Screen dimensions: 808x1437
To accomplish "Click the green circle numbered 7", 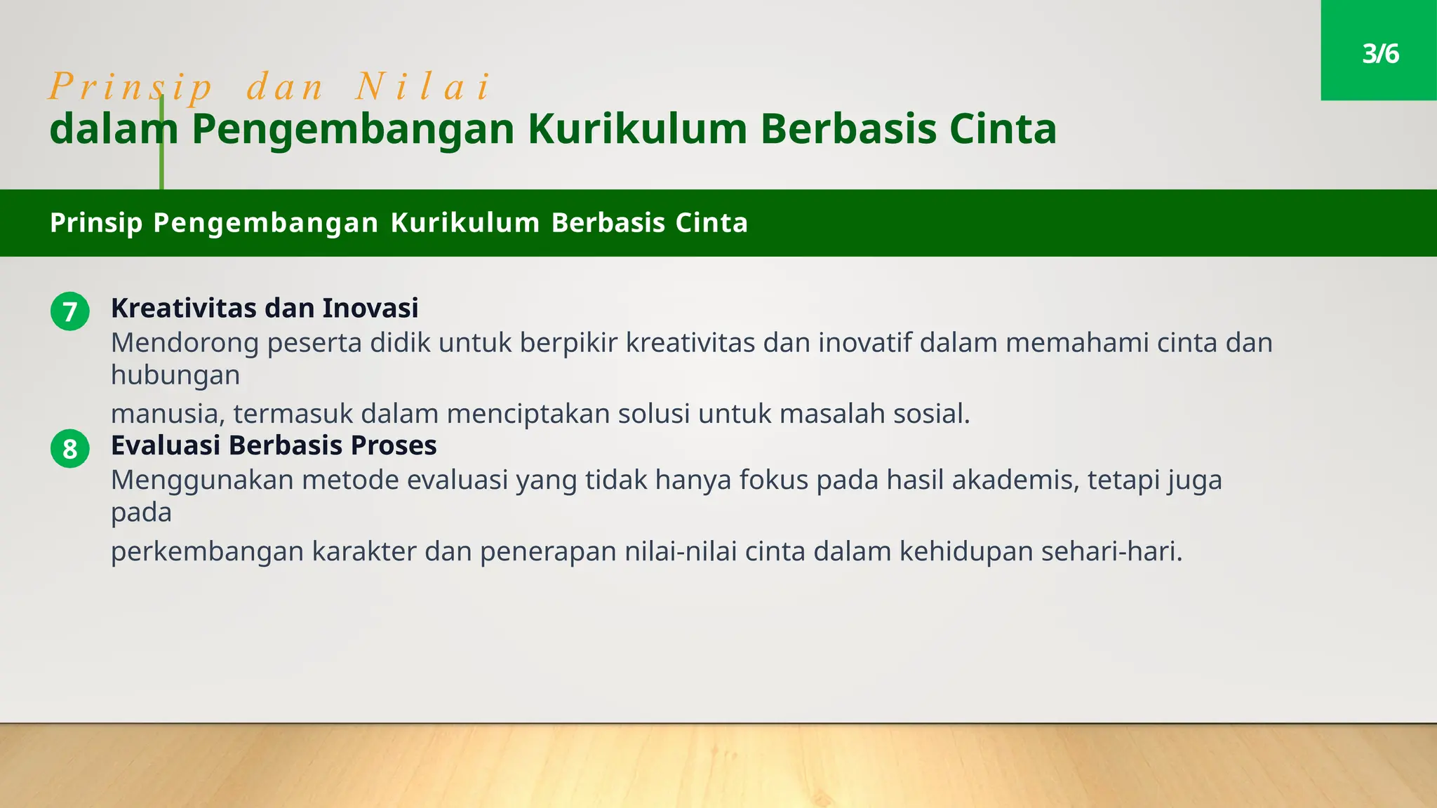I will point(70,311).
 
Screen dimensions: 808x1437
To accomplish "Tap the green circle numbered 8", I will point(70,449).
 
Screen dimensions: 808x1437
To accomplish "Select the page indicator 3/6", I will point(1380,54).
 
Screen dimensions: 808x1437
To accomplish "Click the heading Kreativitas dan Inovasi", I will point(265,308).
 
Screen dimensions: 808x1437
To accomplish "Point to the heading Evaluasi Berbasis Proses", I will point(274,445).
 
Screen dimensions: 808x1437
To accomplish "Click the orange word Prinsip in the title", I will point(131,88).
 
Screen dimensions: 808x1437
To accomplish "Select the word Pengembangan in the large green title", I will point(353,130).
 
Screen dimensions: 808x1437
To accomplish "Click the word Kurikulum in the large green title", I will point(637,130).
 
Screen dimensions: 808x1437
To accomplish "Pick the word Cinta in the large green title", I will point(1003,130).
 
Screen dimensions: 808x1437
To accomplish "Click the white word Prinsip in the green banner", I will point(96,223).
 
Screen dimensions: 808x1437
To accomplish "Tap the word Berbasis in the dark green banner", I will point(608,223).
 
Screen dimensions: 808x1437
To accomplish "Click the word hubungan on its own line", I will point(175,375).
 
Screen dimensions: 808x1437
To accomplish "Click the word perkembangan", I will point(207,552).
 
